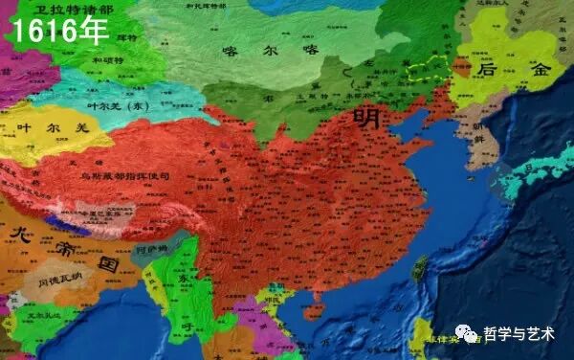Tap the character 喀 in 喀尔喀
(229, 50)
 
